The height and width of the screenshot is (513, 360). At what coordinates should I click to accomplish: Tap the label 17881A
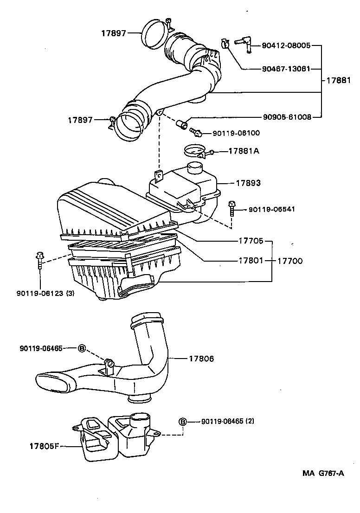point(244,151)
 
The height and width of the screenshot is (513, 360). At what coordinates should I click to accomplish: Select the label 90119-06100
point(236,133)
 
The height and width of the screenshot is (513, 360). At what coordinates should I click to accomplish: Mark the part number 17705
point(251,241)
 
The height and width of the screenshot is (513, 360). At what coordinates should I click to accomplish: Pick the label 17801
point(251,261)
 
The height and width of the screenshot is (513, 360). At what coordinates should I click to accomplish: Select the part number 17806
point(201,359)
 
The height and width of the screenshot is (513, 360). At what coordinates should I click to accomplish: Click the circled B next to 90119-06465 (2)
point(182,421)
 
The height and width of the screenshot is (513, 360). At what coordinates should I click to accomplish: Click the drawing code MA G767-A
point(323,473)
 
